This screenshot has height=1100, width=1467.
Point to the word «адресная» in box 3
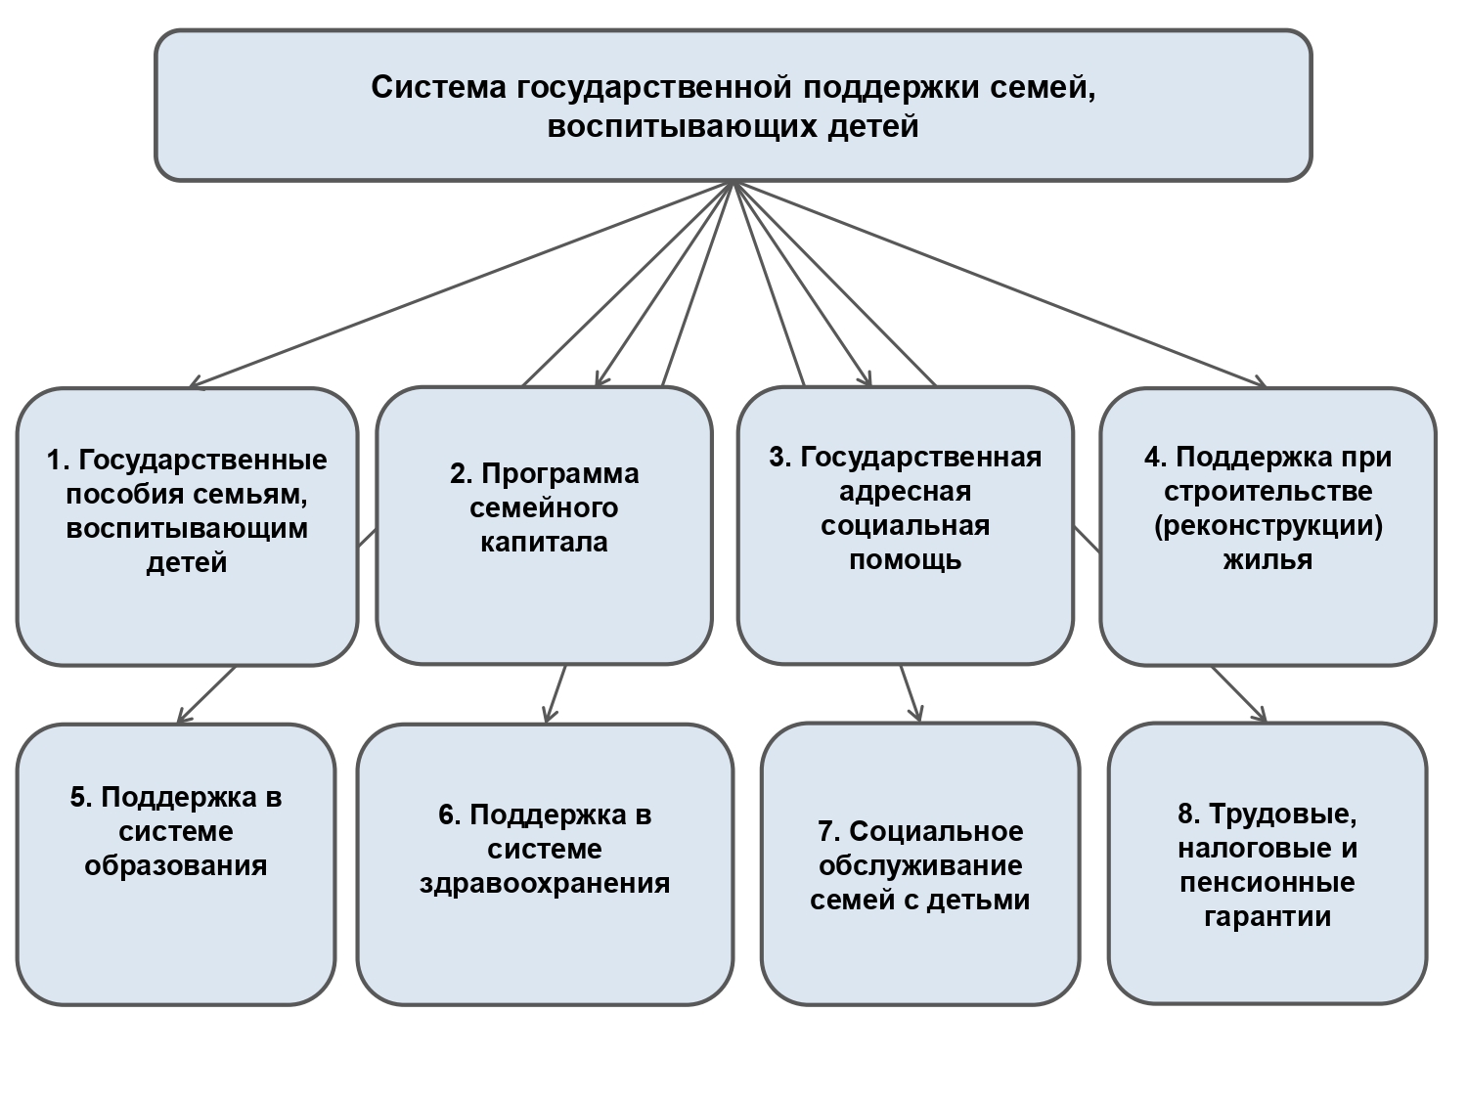click(905, 491)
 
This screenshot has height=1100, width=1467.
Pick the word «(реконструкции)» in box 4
click(1267, 526)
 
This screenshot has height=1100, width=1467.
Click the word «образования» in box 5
click(176, 866)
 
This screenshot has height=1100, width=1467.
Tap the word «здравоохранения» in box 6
click(545, 884)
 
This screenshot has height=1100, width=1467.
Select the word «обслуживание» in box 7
click(920, 866)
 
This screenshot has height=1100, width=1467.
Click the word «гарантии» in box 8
click(1267, 917)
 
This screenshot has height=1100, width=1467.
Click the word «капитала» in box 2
click(544, 543)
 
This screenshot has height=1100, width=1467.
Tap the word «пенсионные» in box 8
click(1267, 883)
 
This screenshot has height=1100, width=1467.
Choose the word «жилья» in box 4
click(1267, 560)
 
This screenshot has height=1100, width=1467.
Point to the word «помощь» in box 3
click(905, 560)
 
